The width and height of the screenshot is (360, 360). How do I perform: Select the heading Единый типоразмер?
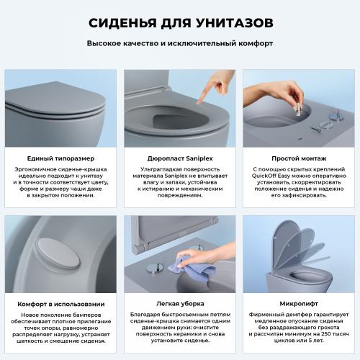click(x=60, y=158)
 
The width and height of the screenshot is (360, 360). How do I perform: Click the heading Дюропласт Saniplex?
click(x=179, y=158)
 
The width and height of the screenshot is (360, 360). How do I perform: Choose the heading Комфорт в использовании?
click(x=60, y=303)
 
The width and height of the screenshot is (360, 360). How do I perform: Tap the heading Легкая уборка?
click(x=179, y=303)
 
